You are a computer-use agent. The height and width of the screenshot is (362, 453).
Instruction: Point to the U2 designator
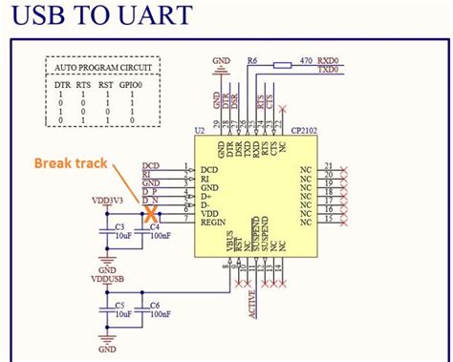click(x=199, y=128)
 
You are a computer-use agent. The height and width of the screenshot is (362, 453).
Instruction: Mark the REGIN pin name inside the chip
click(x=213, y=223)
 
